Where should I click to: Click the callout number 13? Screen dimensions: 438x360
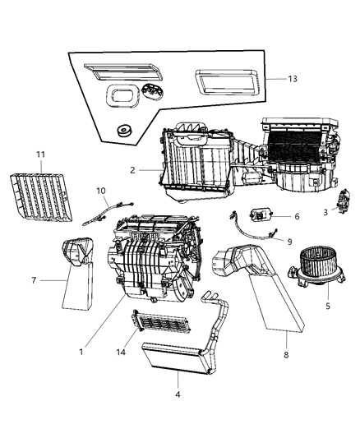tap(294, 78)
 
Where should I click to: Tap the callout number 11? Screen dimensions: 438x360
tap(39, 154)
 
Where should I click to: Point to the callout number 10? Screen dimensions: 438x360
tap(101, 191)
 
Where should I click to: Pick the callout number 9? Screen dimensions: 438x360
tap(288, 242)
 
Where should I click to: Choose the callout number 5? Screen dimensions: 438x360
tap(327, 307)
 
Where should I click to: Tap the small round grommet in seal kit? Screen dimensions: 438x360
tap(126, 130)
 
